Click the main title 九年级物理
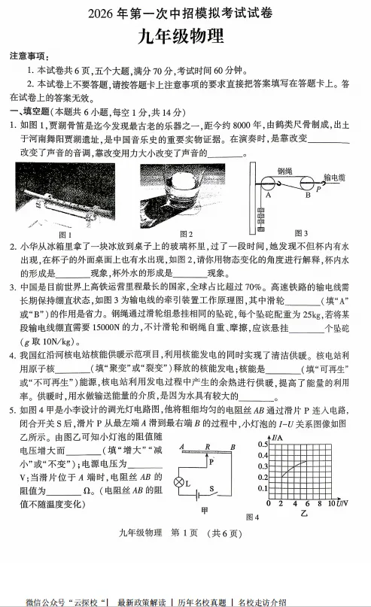(x=185, y=37)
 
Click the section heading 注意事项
(x=29, y=57)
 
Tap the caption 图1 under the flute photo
(x=65, y=234)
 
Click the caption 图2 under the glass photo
(x=185, y=234)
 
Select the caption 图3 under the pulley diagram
(x=301, y=233)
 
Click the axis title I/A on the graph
(x=277, y=437)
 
